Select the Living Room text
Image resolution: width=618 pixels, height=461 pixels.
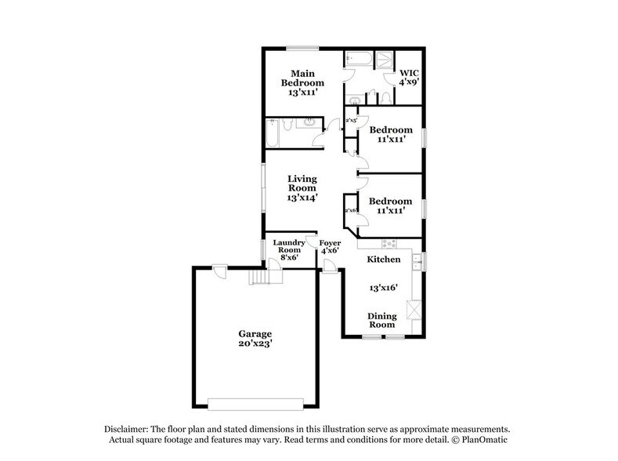(x=302, y=188)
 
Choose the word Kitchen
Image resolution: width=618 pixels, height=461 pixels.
(x=384, y=259)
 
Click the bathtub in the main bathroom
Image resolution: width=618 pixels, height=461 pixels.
(x=360, y=60)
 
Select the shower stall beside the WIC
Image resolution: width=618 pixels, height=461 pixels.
(x=385, y=60)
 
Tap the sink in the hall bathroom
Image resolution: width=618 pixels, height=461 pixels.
(x=310, y=122)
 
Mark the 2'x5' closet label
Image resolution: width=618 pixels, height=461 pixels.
(x=352, y=120)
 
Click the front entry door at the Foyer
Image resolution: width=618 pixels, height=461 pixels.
(x=331, y=271)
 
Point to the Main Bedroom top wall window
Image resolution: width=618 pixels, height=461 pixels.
(x=302, y=46)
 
